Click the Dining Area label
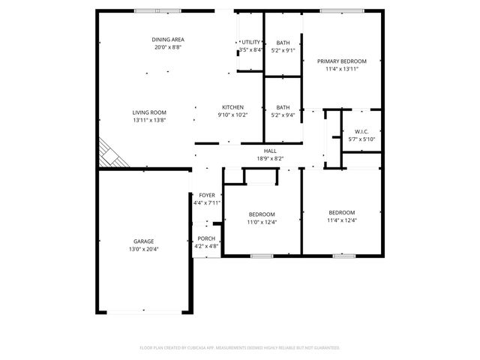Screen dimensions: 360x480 [x=168, y=39]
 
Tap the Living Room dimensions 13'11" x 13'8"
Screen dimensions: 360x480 [x=148, y=120]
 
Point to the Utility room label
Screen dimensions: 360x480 [x=251, y=42]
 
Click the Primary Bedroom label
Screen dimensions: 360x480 [x=341, y=61]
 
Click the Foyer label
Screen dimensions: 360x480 [x=206, y=195]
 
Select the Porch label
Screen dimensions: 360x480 [x=206, y=238]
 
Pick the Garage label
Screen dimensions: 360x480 [x=143, y=241]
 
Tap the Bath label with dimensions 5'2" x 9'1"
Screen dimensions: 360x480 [x=283, y=43]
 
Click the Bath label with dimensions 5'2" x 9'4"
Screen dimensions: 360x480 [x=283, y=107]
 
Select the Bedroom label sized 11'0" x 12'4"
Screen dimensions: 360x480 [x=262, y=214]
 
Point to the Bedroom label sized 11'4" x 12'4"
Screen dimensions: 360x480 [x=340, y=212]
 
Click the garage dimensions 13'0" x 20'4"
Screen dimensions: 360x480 [x=143, y=249]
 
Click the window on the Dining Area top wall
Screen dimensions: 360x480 [x=157, y=10]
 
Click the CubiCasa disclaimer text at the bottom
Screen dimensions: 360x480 [x=240, y=347]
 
